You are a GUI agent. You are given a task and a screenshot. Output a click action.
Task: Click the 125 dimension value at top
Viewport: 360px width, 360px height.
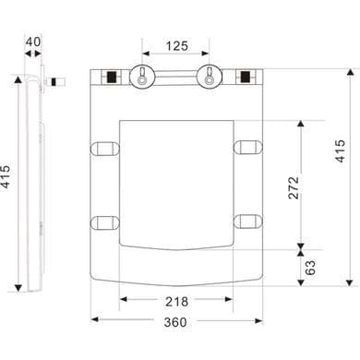176,46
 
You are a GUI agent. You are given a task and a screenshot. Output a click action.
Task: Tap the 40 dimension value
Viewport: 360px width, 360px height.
33,42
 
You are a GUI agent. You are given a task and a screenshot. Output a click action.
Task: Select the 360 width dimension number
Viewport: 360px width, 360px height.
175,322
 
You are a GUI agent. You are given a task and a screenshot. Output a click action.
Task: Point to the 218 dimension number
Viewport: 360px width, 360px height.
176,302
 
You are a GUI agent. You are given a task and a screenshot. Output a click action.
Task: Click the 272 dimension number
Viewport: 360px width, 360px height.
294,187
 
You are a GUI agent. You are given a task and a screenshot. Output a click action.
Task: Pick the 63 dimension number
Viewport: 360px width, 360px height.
310,268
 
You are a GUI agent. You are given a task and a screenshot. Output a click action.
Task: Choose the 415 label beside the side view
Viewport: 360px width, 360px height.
6,176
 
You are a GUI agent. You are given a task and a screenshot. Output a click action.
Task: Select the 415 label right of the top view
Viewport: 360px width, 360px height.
340,150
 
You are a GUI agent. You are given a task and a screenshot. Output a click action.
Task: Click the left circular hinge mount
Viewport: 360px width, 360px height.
142,77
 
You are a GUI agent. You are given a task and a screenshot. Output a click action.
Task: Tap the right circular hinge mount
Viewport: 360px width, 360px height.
210,77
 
